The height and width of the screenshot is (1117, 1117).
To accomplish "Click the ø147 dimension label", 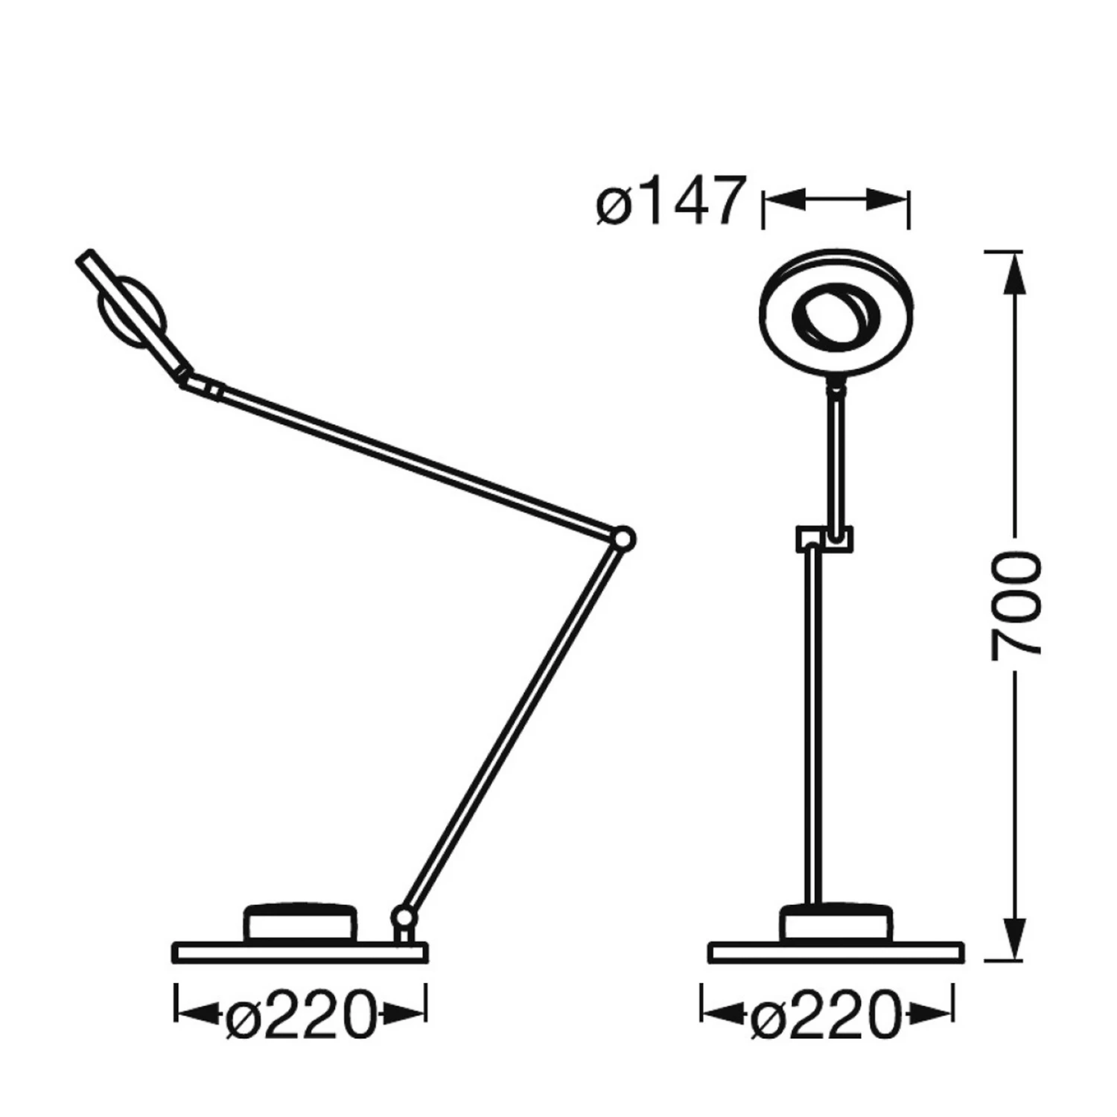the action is point(670,200).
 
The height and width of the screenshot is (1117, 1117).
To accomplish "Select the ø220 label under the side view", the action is point(300,1013).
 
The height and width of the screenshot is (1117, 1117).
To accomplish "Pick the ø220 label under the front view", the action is point(827,1013).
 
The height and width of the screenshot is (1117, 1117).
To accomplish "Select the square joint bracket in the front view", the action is point(824,538).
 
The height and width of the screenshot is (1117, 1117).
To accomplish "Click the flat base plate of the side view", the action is point(300,952).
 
